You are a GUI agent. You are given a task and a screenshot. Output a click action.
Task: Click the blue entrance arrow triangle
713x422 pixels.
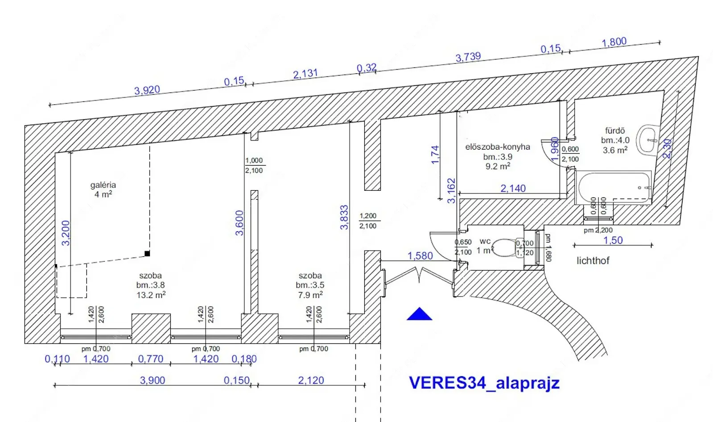coord(419,315)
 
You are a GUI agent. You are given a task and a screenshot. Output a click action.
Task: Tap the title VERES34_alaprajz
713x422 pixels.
coord(484,383)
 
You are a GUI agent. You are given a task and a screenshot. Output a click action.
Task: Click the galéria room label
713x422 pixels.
coord(103,185)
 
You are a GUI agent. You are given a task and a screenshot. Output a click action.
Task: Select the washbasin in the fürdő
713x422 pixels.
coord(647,140)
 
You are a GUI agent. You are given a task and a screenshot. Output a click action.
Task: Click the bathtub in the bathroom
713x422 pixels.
coord(614,188)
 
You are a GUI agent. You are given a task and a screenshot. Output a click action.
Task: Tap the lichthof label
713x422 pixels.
coord(593,261)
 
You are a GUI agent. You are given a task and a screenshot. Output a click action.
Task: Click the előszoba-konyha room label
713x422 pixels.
coord(498,147)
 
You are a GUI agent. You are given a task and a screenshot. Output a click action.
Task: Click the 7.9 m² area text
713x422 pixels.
coord(310,295)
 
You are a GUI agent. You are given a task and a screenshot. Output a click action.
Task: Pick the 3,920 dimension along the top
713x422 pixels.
coord(147,90)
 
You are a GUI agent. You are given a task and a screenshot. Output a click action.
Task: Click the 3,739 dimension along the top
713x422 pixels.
coord(468,57)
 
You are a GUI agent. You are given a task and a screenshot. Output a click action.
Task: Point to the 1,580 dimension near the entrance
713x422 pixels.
coord(420,256)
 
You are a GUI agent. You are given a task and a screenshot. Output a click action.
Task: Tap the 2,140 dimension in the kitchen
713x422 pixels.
coord(513,188)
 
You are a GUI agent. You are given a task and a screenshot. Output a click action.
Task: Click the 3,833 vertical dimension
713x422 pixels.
coord(344,217)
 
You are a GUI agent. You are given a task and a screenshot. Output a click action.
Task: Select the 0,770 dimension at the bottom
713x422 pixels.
coord(151,359)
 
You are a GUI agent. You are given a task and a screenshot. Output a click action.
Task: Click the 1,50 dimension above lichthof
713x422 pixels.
coord(613,240)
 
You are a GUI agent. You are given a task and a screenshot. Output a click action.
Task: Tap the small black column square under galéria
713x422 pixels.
coord(147,254)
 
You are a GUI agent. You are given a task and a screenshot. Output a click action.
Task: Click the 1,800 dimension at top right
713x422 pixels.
coord(614,42)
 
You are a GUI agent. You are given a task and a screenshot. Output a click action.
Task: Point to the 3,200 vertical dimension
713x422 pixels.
coord(66,233)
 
